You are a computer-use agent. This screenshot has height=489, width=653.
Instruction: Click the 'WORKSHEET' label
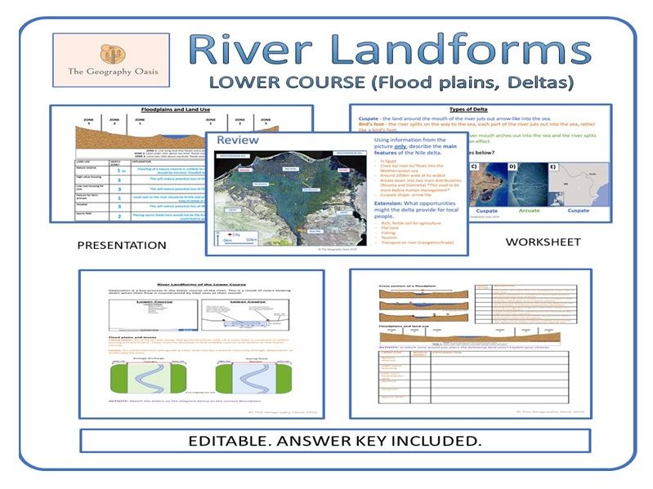543,242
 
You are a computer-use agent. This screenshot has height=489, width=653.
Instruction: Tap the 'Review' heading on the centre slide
237,140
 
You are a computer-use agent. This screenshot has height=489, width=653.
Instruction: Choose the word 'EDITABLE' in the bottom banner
236,442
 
